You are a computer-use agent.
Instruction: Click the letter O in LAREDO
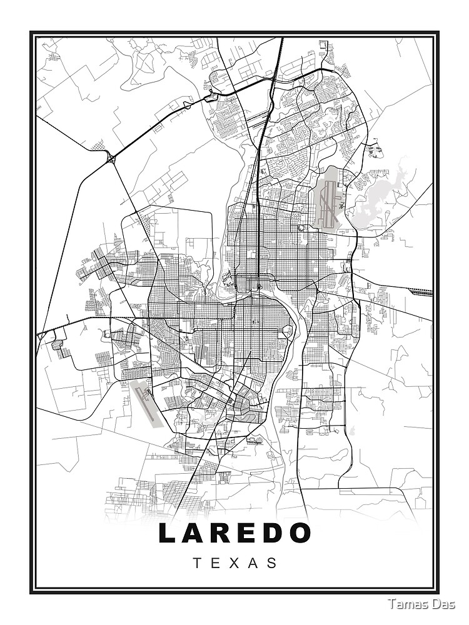tap(301, 533)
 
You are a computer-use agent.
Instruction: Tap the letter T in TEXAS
tap(197, 562)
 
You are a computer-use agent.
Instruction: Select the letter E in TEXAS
tap(216, 562)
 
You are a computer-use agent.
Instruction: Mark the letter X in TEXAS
tap(234, 562)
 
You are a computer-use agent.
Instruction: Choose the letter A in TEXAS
tap(253, 562)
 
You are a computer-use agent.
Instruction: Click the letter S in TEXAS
tap(272, 562)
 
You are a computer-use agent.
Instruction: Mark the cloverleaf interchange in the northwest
tap(111, 159)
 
